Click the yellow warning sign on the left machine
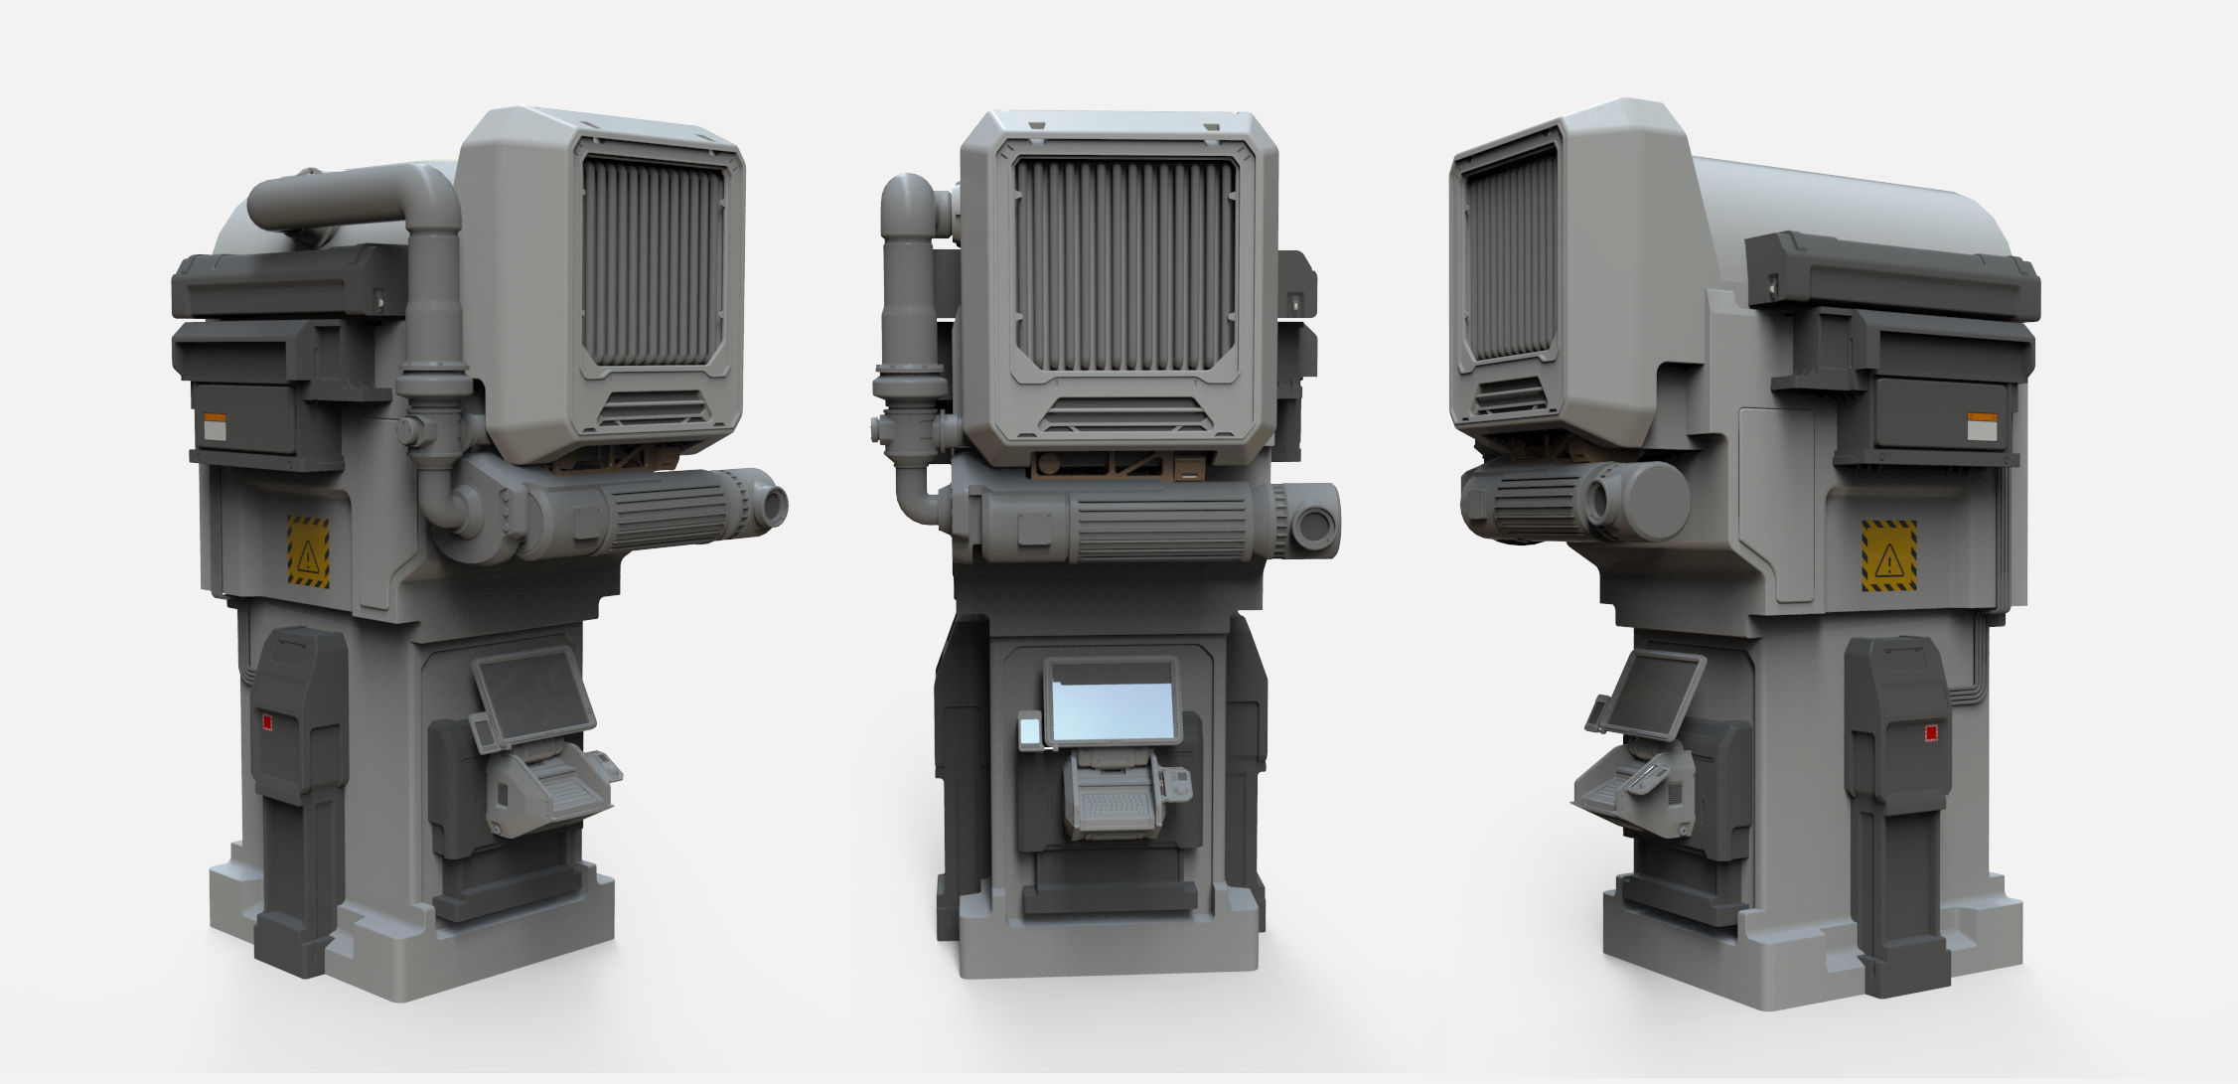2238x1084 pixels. [308, 550]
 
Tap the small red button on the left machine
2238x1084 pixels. [265, 722]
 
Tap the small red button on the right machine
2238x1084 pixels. [1929, 733]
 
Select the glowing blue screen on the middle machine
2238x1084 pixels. [1112, 714]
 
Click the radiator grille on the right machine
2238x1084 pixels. [1508, 258]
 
